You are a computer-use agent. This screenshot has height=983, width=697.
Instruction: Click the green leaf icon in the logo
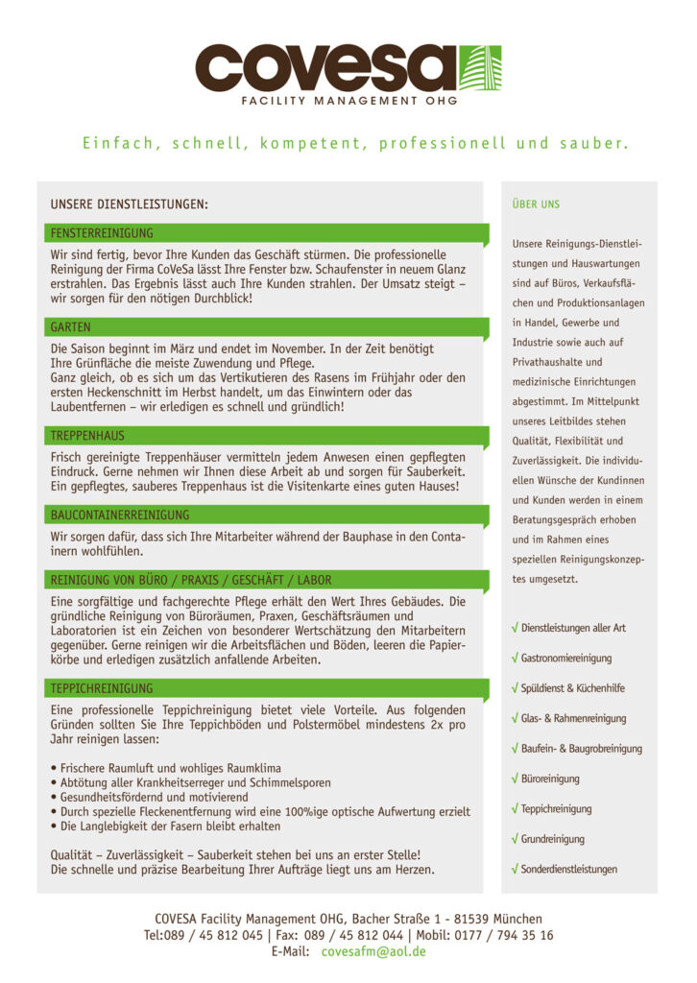480,67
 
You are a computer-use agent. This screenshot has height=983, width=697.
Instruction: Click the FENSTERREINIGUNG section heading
102,233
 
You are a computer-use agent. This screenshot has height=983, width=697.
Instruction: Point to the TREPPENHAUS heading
87,436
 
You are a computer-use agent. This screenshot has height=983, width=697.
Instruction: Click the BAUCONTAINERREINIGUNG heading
120,515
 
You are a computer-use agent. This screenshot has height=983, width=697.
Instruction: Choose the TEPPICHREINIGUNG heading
102,688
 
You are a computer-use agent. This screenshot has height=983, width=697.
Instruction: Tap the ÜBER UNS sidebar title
536,204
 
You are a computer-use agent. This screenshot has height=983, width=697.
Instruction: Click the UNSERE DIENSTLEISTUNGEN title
129,204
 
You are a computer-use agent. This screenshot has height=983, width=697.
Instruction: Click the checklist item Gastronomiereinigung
566,659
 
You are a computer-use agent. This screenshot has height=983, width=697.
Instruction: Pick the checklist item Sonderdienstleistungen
569,869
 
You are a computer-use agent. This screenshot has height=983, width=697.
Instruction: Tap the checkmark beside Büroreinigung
516,779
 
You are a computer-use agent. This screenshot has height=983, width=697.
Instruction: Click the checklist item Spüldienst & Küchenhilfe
573,688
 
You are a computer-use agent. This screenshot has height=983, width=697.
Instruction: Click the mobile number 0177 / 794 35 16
508,935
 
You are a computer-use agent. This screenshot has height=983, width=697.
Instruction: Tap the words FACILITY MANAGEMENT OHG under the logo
348,101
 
